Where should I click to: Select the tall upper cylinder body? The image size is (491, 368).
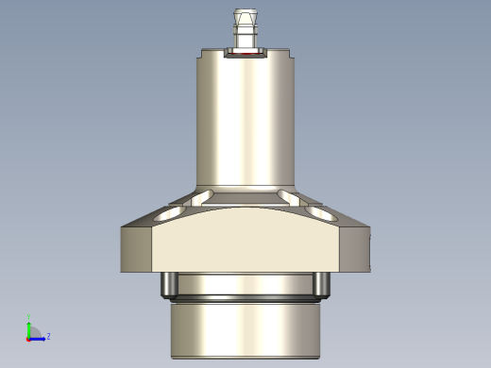click(245, 118)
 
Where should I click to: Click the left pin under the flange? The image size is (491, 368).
click(168, 282)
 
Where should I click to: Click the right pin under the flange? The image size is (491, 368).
click(323, 282)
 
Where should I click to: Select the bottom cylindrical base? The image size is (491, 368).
click(245, 330)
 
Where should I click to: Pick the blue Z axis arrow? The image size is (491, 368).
click(39, 337)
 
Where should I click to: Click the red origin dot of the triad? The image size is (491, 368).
click(28, 337)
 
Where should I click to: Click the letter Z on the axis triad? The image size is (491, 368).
click(48, 336)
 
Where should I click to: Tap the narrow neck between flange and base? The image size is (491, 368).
click(245, 283)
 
